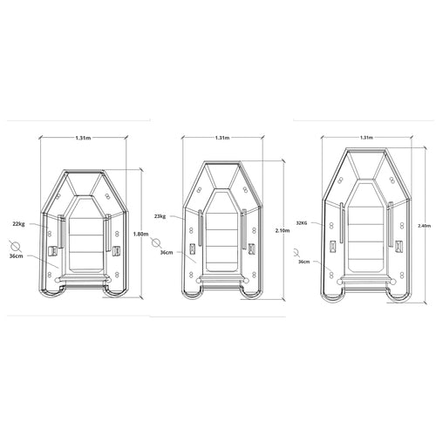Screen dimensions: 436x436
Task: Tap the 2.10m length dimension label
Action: tap(283, 230)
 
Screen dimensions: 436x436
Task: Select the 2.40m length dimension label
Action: tap(424, 225)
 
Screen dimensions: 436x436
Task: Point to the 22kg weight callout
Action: tap(18, 224)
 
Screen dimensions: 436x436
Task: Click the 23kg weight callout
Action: tap(160, 216)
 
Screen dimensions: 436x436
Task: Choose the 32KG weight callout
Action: tap(302, 223)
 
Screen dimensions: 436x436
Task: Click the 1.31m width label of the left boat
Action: tap(83, 138)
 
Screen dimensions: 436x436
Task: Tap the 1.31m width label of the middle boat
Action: tap(222, 138)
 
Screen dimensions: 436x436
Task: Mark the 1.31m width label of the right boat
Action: tap(366, 137)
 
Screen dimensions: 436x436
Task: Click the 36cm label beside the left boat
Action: tap(17, 255)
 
